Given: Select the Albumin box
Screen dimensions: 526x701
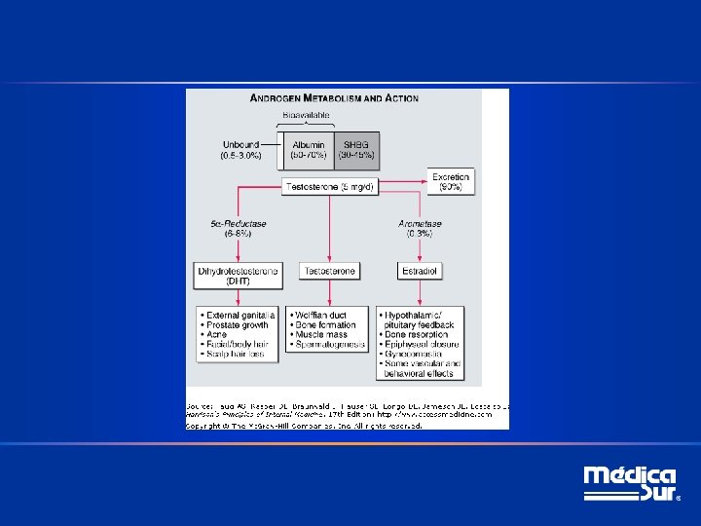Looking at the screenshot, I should pyautogui.click(x=309, y=150).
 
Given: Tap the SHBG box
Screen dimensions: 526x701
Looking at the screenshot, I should pyautogui.click(x=356, y=150).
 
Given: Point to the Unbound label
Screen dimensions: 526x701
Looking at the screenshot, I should pyautogui.click(x=240, y=150).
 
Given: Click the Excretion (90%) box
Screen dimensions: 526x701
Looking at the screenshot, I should pyautogui.click(x=451, y=181).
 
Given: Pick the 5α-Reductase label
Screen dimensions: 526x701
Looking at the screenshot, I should pyautogui.click(x=239, y=228).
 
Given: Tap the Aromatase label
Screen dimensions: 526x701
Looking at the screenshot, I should pyautogui.click(x=421, y=228).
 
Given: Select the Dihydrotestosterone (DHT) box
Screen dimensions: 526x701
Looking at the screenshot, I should pyautogui.click(x=239, y=275).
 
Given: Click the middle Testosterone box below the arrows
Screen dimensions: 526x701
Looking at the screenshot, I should pyautogui.click(x=330, y=271).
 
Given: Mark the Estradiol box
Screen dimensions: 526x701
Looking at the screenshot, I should pyautogui.click(x=420, y=271).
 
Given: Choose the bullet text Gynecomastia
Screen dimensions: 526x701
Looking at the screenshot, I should pyautogui.click(x=418, y=354).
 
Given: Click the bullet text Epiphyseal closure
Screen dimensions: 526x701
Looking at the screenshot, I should pyautogui.click(x=424, y=344).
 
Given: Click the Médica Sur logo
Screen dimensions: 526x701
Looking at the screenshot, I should pyautogui.click(x=630, y=484).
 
